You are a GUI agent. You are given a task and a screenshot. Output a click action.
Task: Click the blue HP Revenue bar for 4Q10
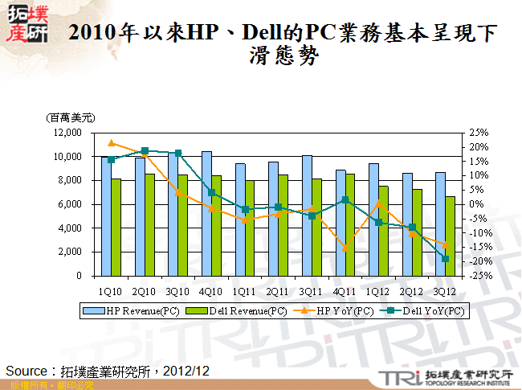206,213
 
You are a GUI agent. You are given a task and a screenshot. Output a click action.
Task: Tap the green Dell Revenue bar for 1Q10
116,227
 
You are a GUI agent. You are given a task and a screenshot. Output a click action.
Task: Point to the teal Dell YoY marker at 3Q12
446,258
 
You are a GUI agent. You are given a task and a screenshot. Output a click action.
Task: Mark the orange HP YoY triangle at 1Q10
112,143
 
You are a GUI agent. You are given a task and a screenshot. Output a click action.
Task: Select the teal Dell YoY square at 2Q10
145,151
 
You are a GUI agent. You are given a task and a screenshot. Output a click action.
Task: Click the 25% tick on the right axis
479,133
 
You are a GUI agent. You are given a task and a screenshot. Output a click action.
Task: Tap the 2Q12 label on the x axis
412,289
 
